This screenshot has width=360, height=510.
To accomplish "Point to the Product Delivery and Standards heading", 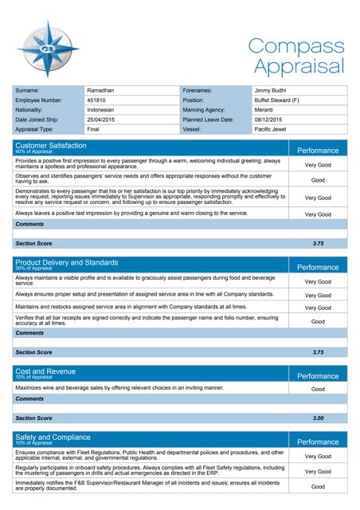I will click(x=67, y=261).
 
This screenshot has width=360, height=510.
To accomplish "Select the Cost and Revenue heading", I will click(x=45, y=371).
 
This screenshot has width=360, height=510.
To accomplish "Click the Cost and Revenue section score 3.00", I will click(x=318, y=418).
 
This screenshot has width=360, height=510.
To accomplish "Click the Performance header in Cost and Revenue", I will click(x=318, y=375).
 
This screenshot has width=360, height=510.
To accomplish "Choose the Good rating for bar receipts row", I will click(x=318, y=322).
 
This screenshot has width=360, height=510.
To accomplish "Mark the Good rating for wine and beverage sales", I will click(x=318, y=389).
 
